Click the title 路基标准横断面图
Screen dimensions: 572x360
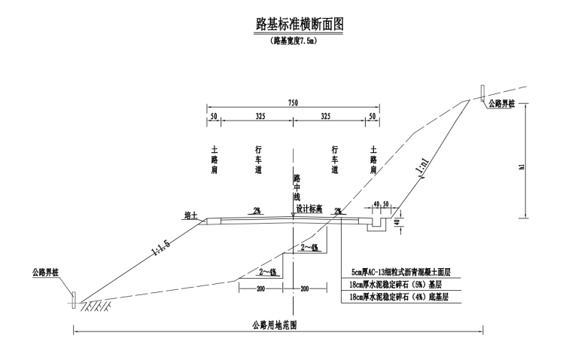point(299,24)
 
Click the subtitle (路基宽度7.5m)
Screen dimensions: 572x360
point(294,41)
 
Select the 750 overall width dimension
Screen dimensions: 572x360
point(293,102)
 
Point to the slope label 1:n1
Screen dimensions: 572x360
point(422,167)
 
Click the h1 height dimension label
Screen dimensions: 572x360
point(522,166)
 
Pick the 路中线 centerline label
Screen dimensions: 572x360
point(297,188)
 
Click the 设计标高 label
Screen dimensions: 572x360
point(309,209)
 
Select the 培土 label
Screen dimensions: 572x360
point(190,215)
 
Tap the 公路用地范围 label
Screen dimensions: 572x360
point(274,325)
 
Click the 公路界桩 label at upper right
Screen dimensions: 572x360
point(501,104)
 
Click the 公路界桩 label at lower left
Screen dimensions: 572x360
point(46,273)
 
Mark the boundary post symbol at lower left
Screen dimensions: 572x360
point(74,300)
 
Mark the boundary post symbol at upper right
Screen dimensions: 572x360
point(482,94)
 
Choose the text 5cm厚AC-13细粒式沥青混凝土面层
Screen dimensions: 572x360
point(401,272)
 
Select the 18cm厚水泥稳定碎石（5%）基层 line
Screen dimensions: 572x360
point(395,285)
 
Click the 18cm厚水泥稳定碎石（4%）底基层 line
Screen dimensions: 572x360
point(399,297)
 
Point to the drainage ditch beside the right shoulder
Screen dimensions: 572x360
point(376,224)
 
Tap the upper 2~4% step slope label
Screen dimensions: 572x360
point(309,248)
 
